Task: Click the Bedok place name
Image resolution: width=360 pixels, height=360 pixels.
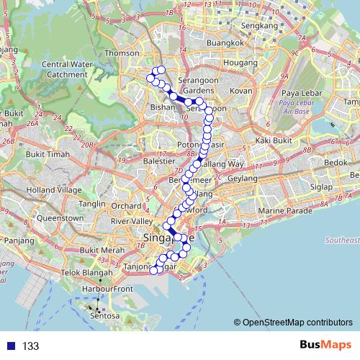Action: coord(336,163)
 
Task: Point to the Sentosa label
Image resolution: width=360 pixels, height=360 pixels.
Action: coord(104,315)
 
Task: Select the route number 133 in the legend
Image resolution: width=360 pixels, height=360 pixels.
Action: coord(30,346)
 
